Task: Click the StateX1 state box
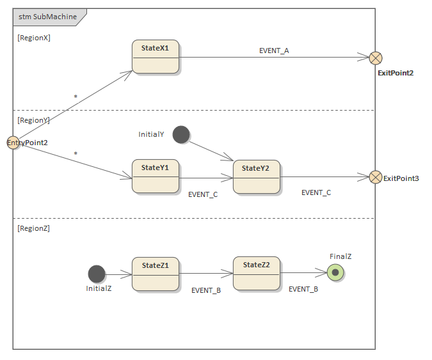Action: (156, 57)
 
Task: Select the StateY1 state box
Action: (156, 176)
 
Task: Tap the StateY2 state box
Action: (256, 177)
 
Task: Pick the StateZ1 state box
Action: (156, 274)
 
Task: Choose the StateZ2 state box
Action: (256, 274)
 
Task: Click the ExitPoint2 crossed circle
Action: (376, 58)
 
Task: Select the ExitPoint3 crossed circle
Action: (376, 177)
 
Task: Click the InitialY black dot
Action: (181, 134)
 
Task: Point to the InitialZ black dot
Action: (97, 274)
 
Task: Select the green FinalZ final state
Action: (335, 273)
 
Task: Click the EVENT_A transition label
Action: (274, 51)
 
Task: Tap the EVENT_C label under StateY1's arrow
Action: (203, 194)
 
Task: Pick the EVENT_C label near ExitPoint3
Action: (316, 192)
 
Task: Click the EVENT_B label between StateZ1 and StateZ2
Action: (206, 290)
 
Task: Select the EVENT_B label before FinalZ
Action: (303, 289)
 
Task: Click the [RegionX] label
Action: (34, 38)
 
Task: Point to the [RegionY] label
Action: (34, 120)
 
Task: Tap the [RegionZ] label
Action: (34, 228)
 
